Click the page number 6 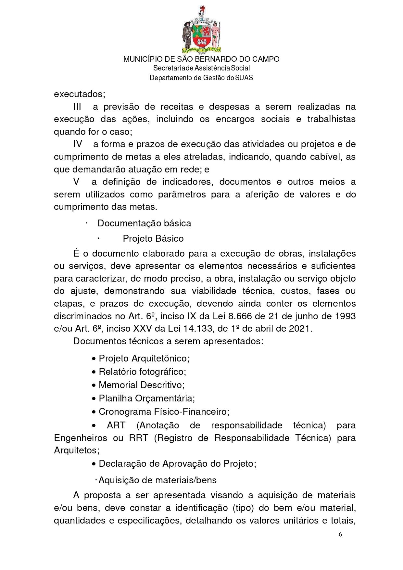[x=340, y=534]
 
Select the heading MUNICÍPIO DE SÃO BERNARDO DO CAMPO [x=201, y=59]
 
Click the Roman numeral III [x=77, y=107]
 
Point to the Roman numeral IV [x=77, y=144]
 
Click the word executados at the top [x=79, y=94]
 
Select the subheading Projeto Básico [x=153, y=239]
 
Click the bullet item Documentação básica [x=144, y=223]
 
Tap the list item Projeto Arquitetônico [x=144, y=359]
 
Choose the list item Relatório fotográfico [x=142, y=372]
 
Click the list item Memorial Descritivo [x=142, y=385]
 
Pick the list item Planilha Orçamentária [x=147, y=399]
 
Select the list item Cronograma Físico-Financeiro [x=164, y=412]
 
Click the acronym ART [x=116, y=425]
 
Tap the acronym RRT [x=139, y=438]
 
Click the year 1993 [x=345, y=316]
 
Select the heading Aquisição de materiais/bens [x=157, y=480]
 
